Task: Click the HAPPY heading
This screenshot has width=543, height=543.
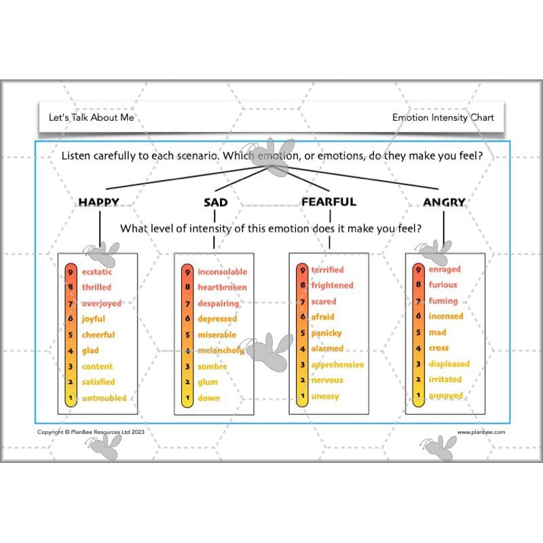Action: [x=98, y=202]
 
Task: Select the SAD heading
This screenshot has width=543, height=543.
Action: [x=215, y=202]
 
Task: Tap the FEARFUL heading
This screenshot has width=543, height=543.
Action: [x=329, y=202]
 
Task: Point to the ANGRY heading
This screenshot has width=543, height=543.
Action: [x=445, y=202]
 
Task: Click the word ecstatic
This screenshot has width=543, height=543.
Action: [x=97, y=272]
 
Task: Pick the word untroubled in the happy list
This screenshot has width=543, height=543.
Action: [x=105, y=398]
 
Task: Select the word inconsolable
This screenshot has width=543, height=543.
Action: [x=223, y=272]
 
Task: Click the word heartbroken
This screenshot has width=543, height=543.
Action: [x=223, y=287]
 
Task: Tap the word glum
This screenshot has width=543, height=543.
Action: [x=208, y=382]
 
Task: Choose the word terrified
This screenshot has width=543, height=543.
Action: [x=327, y=269]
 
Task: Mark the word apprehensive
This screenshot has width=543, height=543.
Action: [x=337, y=364]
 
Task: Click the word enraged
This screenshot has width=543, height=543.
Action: [x=445, y=269]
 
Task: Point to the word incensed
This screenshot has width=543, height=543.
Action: [x=446, y=316]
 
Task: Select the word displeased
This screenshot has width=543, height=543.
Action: [x=449, y=364]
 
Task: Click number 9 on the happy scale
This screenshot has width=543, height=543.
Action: [x=71, y=273]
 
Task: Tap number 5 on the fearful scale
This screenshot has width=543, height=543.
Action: [x=303, y=333]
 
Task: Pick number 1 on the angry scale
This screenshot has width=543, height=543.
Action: [x=418, y=395]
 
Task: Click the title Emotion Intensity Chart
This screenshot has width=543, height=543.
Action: [x=443, y=117]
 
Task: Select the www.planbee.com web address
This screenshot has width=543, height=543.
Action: [x=481, y=432]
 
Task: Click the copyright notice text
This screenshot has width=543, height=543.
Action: [x=91, y=432]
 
